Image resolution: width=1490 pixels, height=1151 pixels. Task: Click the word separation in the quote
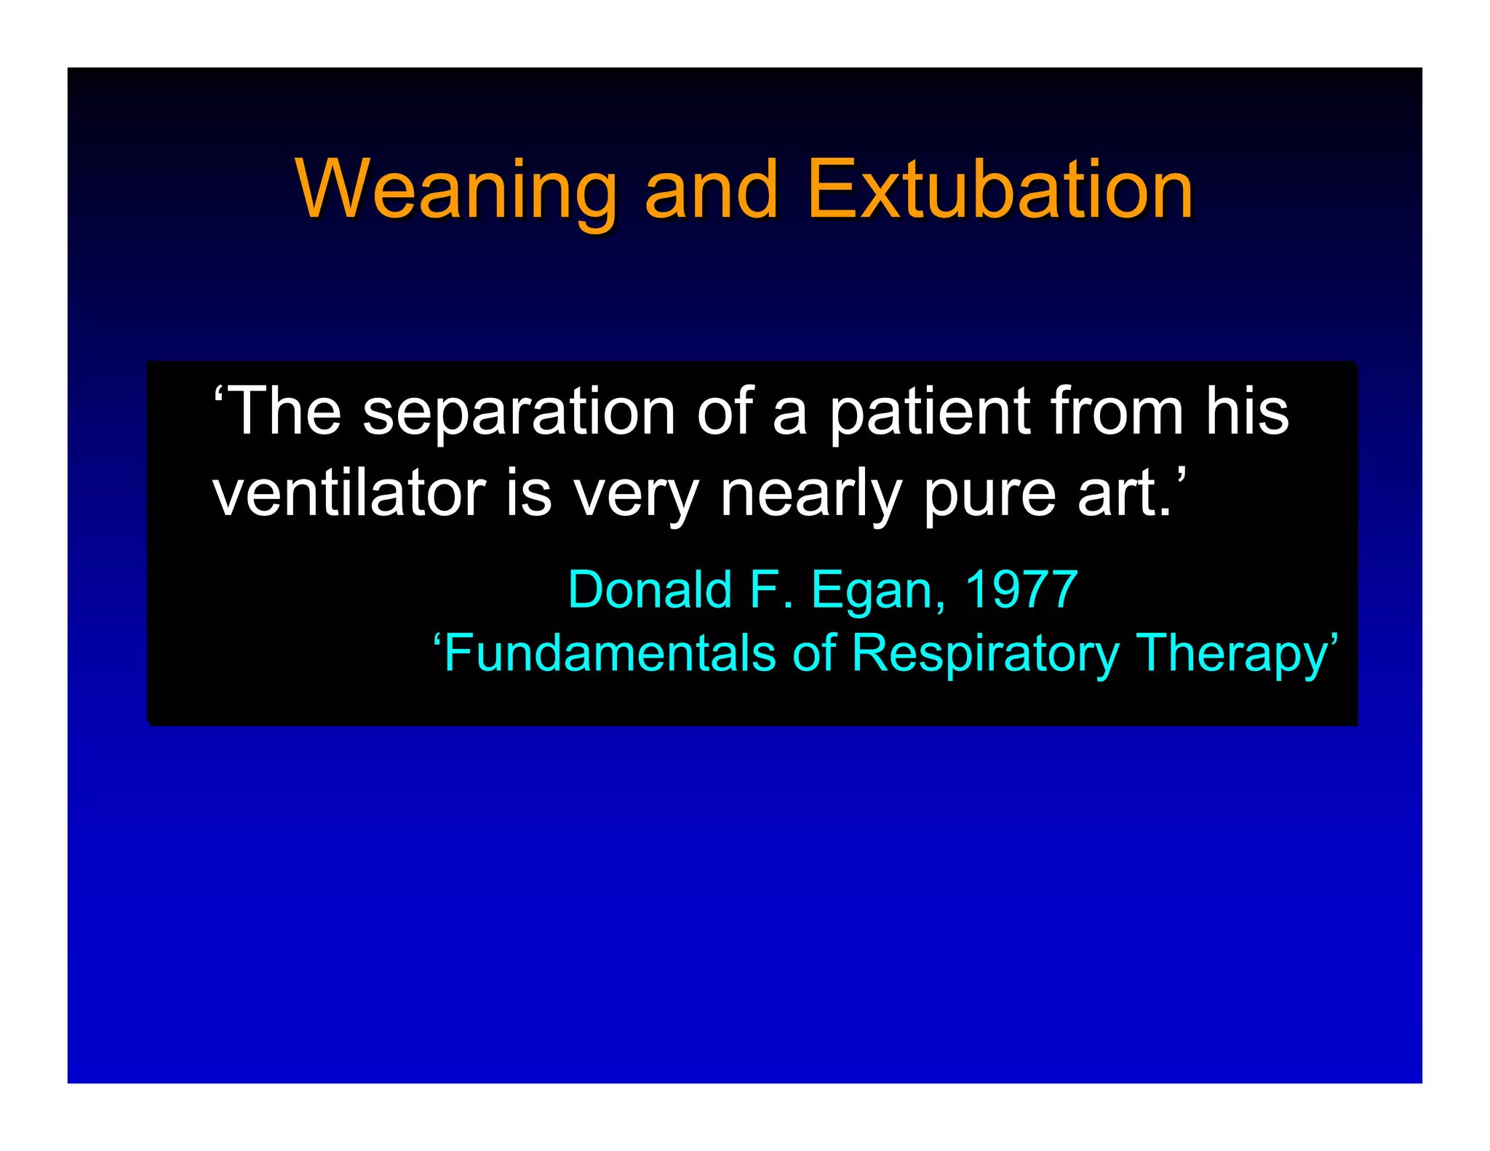[519, 413]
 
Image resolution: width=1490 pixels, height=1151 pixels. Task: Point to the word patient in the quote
[930, 413]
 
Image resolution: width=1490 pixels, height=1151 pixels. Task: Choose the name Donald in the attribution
[649, 589]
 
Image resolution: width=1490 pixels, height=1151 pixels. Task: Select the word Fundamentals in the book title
[607, 653]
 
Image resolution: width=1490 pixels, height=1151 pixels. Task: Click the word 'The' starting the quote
[279, 413]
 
